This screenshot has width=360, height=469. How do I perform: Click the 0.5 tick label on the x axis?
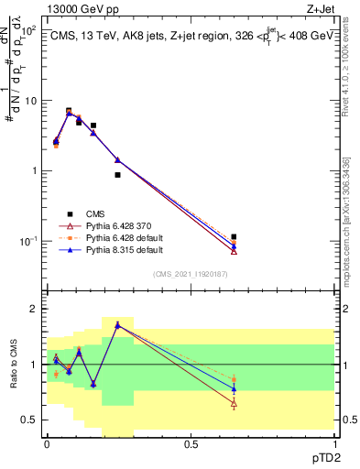click(191, 443)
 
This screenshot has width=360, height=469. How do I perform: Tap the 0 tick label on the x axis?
click(47, 443)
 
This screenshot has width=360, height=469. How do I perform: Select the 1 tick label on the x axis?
click(334, 443)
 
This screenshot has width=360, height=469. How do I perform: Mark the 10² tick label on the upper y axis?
click(29, 30)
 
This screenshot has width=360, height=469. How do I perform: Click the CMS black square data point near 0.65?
click(234, 237)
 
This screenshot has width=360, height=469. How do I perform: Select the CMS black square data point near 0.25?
click(117, 175)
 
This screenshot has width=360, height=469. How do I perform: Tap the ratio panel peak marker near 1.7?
click(117, 324)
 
